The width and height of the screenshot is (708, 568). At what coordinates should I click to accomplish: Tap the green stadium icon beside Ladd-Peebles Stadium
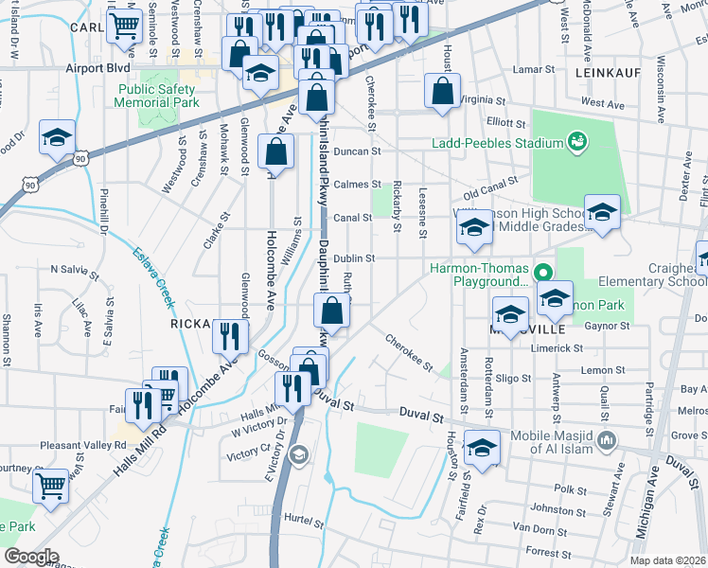[x=575, y=143]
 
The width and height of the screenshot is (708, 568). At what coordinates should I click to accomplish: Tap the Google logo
[x=32, y=557]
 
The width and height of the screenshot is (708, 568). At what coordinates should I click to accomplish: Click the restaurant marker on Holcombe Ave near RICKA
[x=230, y=335]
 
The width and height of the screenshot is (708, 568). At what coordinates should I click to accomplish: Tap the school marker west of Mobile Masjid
[x=482, y=448]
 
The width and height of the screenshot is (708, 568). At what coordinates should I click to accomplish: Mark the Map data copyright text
[x=667, y=560]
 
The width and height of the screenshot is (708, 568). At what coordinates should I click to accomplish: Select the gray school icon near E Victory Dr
[x=298, y=456]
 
